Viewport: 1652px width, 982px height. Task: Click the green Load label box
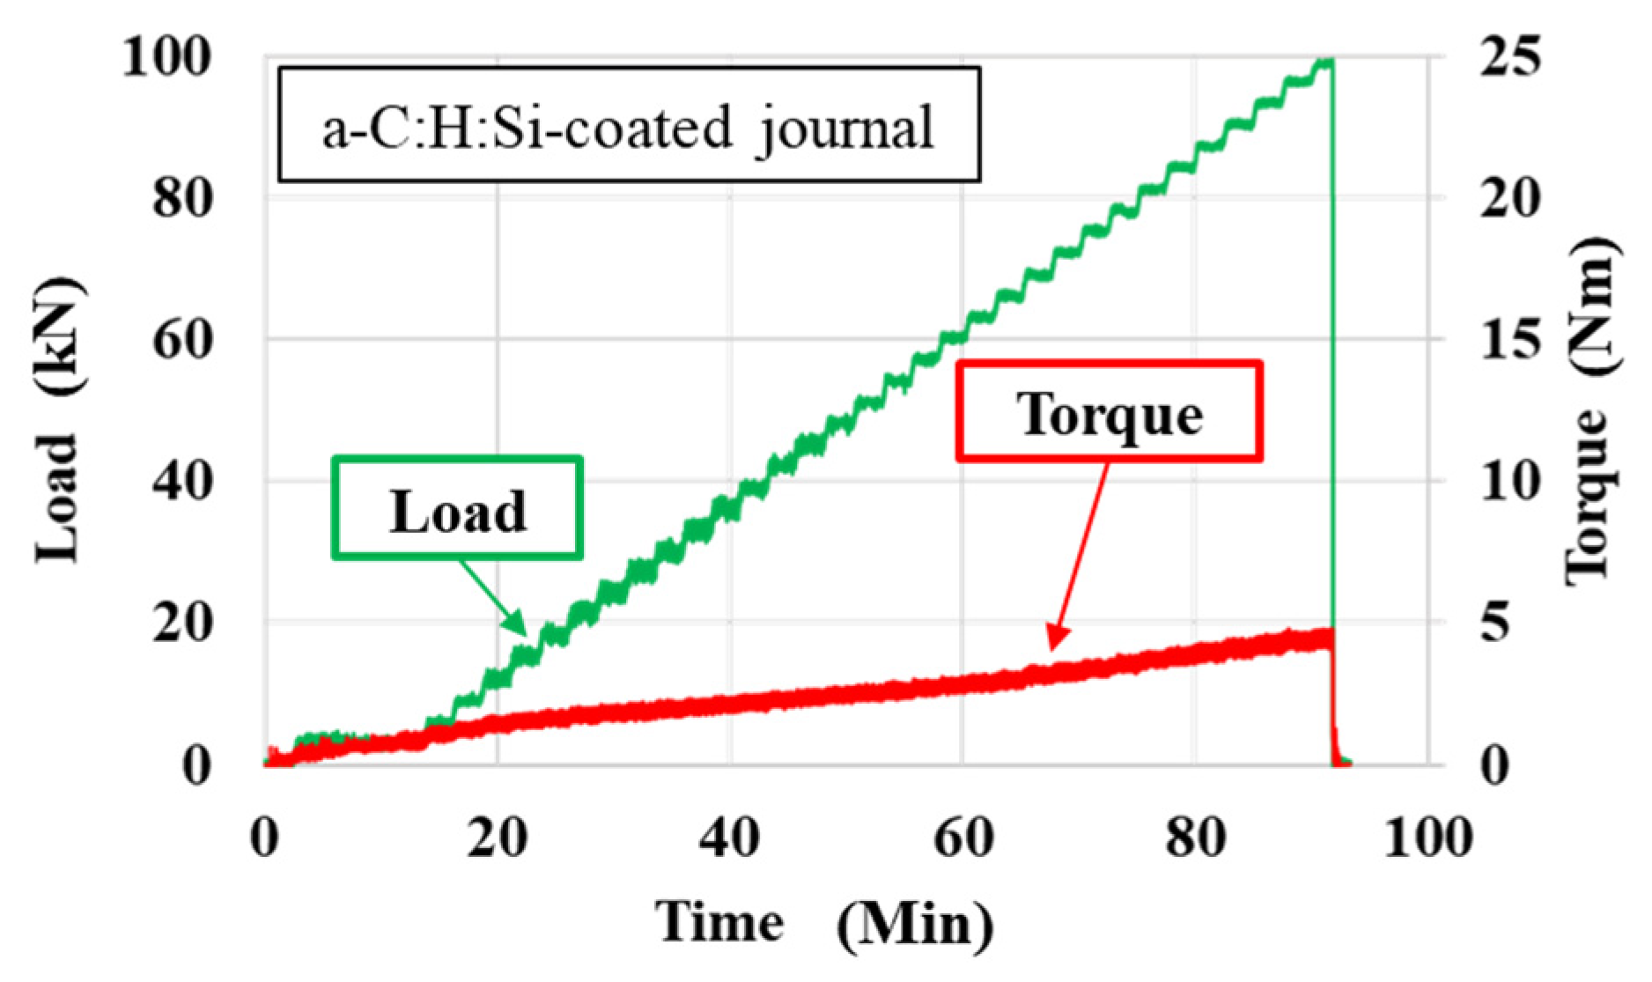(x=457, y=508)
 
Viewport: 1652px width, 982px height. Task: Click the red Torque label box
(x=1110, y=411)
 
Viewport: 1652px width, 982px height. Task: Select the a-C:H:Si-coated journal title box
(x=629, y=125)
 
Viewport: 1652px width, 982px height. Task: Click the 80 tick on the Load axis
(x=182, y=199)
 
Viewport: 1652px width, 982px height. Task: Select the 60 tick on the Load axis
(x=182, y=340)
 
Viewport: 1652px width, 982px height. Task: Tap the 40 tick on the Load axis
(x=182, y=482)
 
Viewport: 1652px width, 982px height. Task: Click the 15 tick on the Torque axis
(x=1511, y=340)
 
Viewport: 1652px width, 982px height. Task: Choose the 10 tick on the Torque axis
(x=1511, y=482)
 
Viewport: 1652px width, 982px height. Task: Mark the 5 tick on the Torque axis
(x=1496, y=623)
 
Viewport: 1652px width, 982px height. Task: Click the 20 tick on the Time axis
(x=498, y=838)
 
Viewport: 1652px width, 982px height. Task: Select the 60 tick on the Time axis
(x=963, y=838)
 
